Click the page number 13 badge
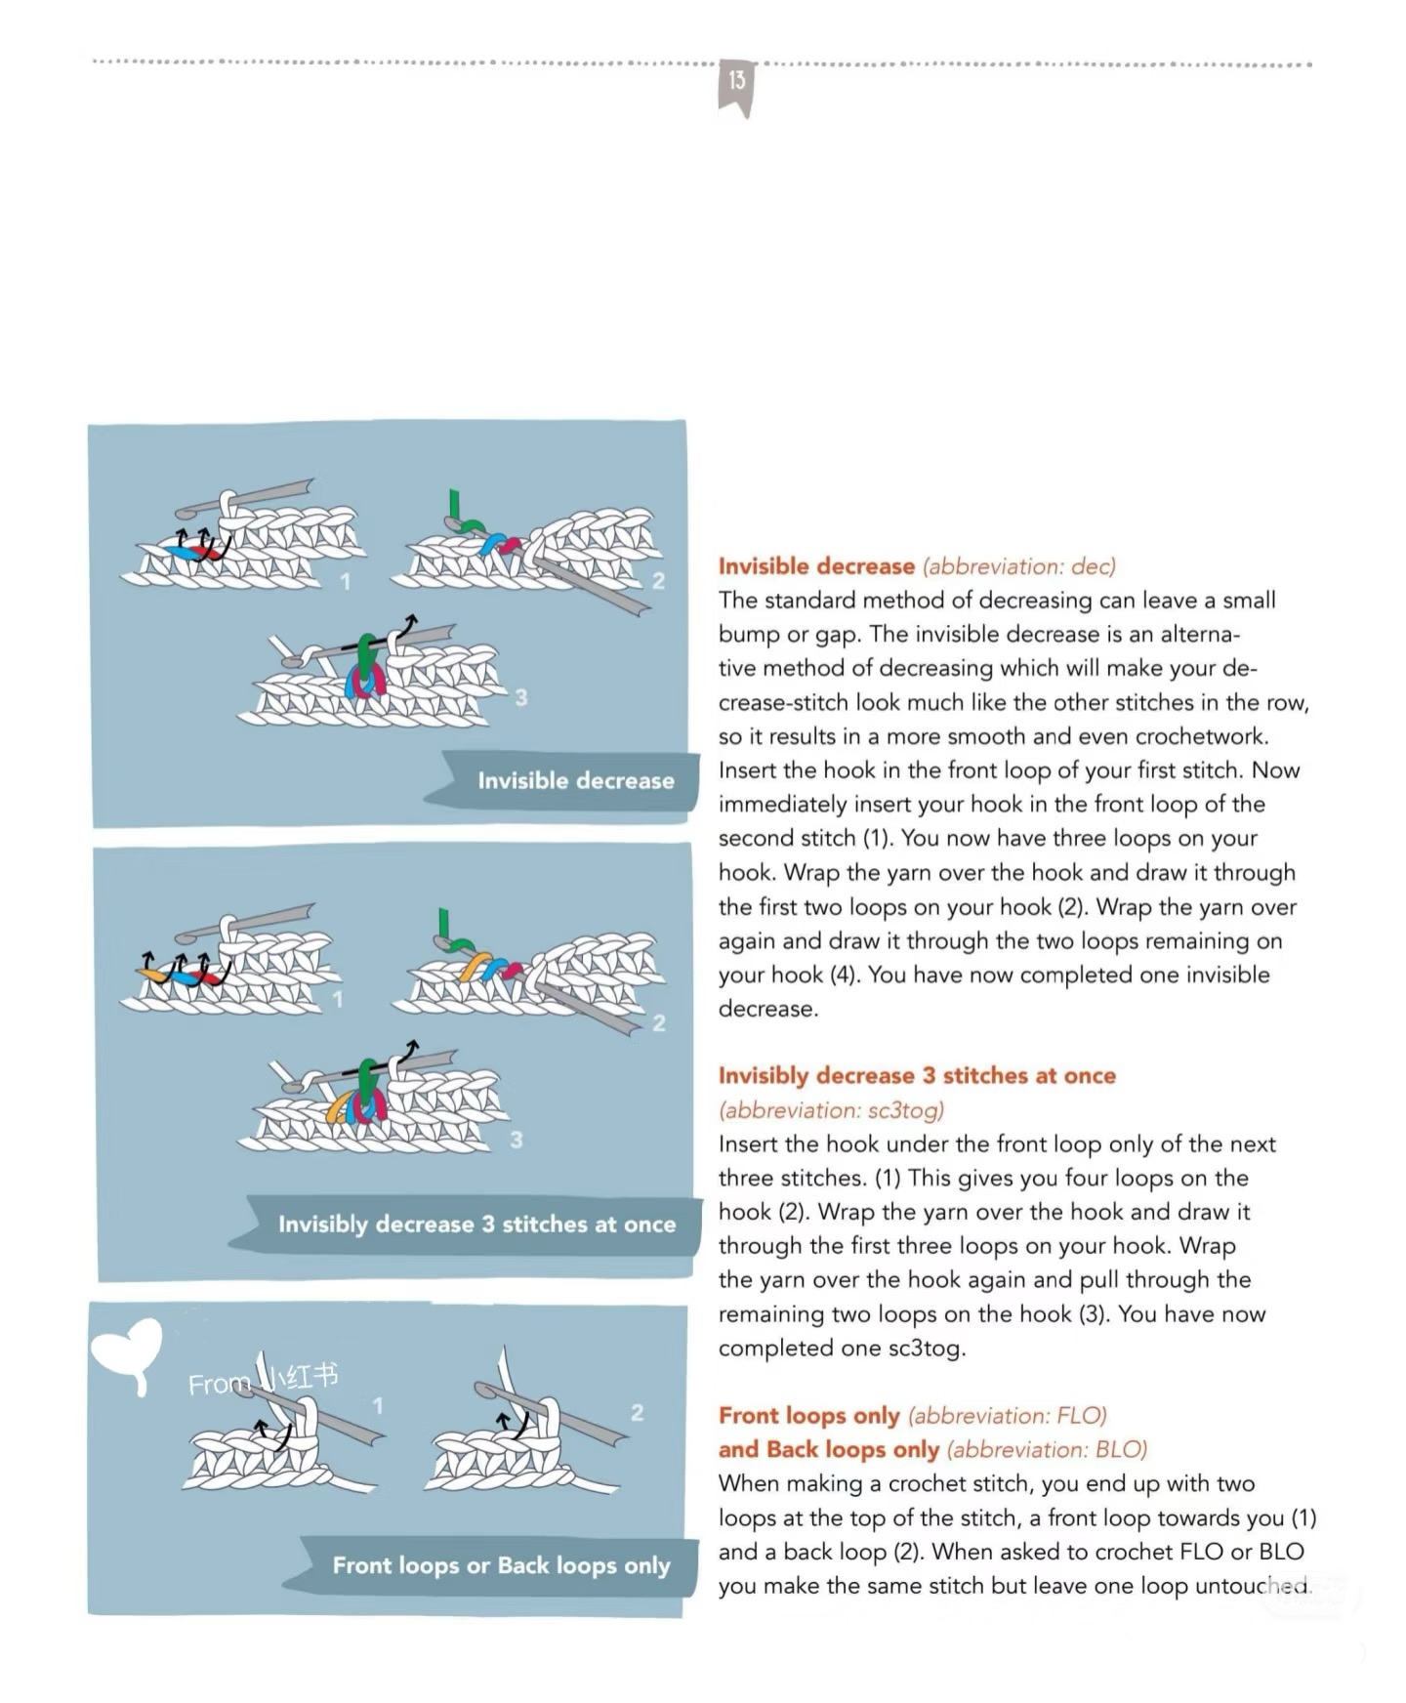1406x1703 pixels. pos(736,83)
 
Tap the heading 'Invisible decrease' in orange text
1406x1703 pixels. pos(815,566)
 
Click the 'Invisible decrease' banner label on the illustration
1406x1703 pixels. pos(575,780)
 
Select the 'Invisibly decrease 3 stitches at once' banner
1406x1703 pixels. pos(476,1224)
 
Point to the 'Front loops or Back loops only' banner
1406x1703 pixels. pos(501,1565)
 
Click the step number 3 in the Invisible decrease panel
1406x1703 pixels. pos(521,697)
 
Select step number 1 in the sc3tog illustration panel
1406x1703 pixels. pos(338,999)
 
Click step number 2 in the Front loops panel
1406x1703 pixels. pos(637,1412)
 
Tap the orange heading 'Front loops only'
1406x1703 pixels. pos(808,1415)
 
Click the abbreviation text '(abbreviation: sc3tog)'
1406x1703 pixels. pos(831,1110)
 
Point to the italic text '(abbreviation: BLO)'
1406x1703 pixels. pos(1047,1449)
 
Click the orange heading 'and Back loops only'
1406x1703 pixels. pos(828,1449)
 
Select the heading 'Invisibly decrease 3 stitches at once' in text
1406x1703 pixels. pos(916,1075)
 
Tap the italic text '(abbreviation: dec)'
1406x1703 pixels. pos(1018,566)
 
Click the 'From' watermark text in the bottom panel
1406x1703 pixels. pos(218,1384)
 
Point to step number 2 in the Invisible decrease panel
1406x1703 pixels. pos(658,581)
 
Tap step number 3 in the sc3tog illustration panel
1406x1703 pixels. pos(517,1139)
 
